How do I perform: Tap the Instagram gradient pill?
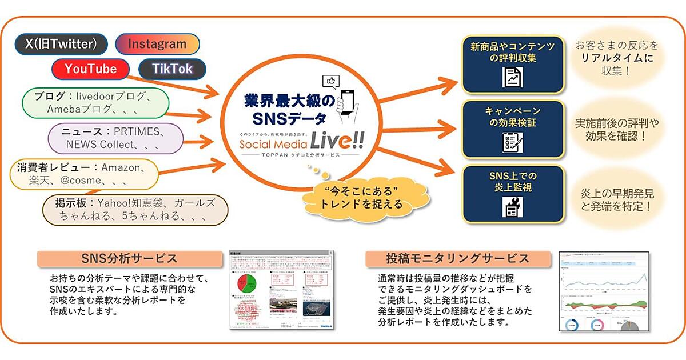157,44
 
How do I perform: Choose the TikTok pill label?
171,69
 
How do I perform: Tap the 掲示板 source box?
137,210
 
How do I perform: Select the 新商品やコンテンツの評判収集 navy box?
513,65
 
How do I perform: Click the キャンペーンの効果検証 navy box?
513,129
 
